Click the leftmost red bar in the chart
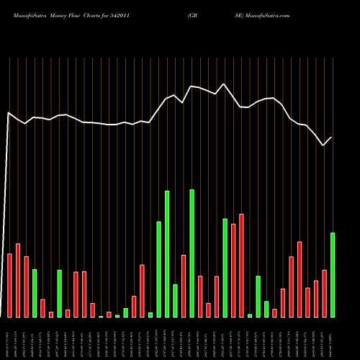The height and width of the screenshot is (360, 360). click(9, 285)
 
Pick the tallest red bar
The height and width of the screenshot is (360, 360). click(241, 266)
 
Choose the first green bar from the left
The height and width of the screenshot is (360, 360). click(35, 293)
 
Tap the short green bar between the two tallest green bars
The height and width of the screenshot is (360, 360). click(175, 301)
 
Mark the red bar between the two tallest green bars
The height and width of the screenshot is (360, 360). click(184, 286)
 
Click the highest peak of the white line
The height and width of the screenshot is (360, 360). click(224, 84)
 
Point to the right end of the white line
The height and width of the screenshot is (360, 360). click(332, 138)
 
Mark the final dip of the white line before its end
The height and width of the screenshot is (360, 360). click(323, 145)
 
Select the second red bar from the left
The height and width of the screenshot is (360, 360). click(18, 280)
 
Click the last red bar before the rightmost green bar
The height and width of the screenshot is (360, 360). click(324, 294)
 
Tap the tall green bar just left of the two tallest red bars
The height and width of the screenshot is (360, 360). click(225, 268)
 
